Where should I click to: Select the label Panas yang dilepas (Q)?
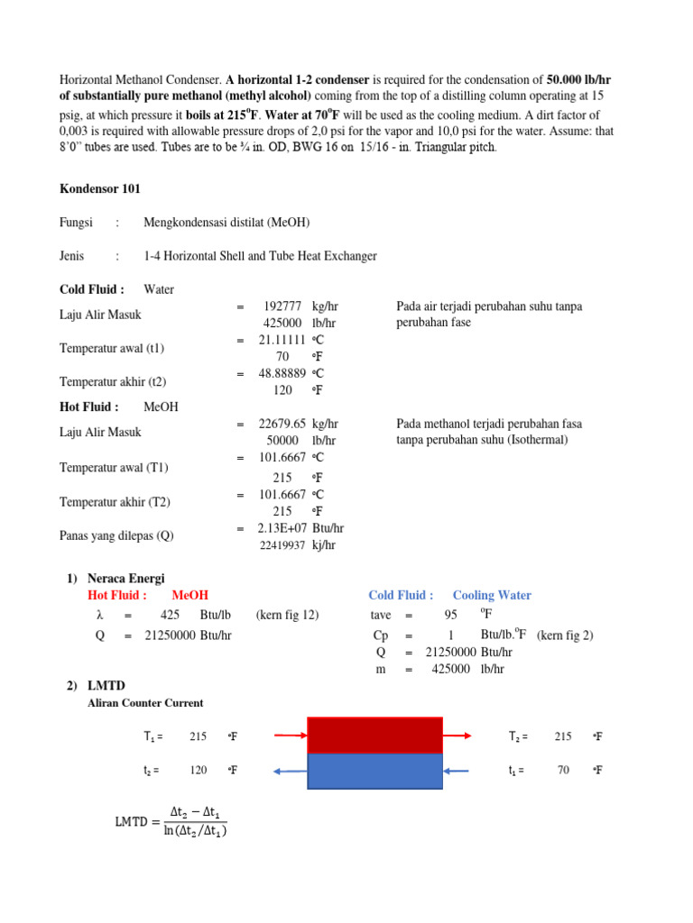point(116,535)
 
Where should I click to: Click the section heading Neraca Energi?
point(125,578)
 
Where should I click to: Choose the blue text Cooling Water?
point(492,595)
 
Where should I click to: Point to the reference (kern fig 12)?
point(288,615)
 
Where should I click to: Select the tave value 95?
point(450,615)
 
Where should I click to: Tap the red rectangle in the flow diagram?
point(374,736)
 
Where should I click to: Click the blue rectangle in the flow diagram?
point(374,771)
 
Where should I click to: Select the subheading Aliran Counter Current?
point(144,703)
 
